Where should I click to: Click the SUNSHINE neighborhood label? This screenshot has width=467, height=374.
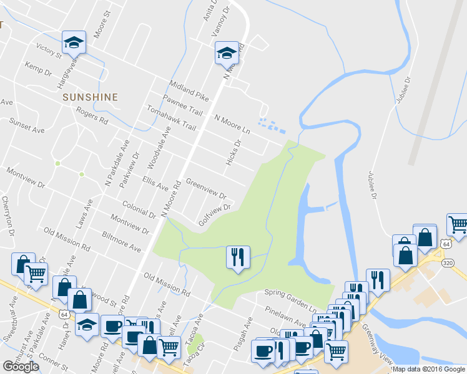[x=90, y=97]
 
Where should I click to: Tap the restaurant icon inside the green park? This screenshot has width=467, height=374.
[x=237, y=257]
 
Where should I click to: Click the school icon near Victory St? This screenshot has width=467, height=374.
[x=74, y=42]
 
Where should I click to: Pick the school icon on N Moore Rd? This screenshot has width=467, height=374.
[x=227, y=53]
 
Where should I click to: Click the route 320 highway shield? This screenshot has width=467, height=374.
[x=461, y=262]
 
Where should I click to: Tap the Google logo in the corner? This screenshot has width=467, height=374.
[x=21, y=367]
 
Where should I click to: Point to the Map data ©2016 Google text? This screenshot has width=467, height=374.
[x=429, y=369]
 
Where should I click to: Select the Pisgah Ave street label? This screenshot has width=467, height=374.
[x=243, y=333]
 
